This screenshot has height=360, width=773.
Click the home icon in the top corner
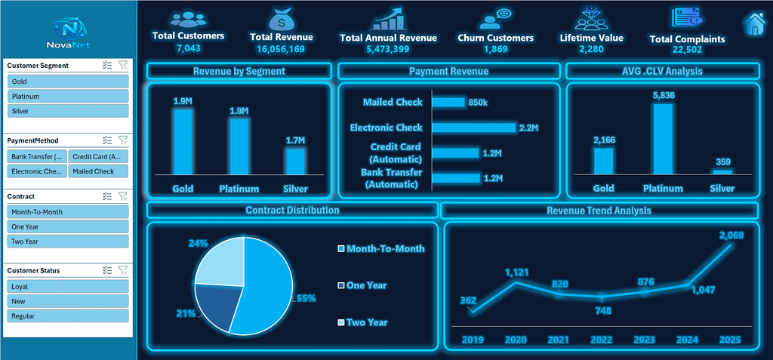[754, 23]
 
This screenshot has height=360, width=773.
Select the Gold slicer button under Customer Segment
[68, 82]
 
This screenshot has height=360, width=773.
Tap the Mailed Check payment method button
[98, 171]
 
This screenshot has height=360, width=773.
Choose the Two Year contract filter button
[68, 242]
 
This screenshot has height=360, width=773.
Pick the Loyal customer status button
[68, 287]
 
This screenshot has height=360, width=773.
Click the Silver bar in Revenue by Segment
[295, 162]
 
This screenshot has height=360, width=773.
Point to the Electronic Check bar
[474, 128]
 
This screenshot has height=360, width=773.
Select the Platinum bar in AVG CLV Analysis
[663, 139]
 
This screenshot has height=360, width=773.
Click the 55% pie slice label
[306, 298]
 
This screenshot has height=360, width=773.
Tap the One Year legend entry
[362, 285]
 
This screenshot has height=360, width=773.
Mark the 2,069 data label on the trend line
[731, 235]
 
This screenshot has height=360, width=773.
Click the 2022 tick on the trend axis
[602, 340]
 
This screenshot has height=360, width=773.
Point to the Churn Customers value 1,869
[495, 49]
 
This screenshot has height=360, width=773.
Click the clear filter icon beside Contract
[123, 196]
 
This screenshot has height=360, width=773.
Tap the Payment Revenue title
[448, 72]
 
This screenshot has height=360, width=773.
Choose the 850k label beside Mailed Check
[478, 103]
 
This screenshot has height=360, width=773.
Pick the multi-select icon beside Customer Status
[107, 270]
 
